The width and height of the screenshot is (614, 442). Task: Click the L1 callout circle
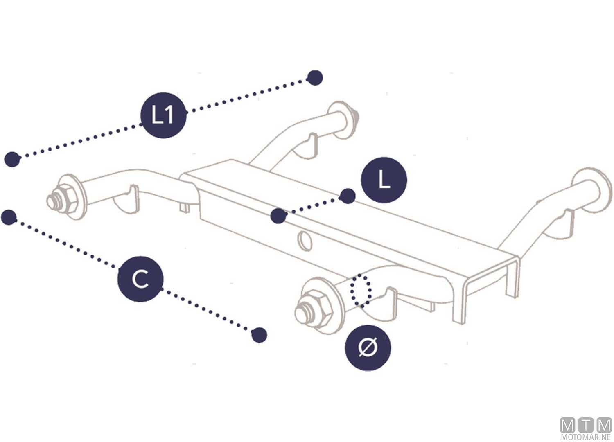(163, 115)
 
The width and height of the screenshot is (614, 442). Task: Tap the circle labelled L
(384, 180)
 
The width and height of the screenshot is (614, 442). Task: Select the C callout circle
(141, 279)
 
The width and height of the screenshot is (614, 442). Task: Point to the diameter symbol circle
(368, 348)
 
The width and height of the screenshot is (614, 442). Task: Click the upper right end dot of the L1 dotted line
(315, 78)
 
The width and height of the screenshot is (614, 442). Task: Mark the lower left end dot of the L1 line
(12, 159)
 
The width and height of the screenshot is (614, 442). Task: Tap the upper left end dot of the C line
(9, 217)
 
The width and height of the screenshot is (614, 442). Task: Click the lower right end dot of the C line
(259, 335)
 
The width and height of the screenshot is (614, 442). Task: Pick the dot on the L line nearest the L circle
(347, 196)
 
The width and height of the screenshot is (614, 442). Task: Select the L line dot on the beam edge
(278, 216)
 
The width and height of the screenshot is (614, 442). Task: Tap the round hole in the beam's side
(305, 241)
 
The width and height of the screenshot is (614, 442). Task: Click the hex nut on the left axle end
(67, 198)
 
